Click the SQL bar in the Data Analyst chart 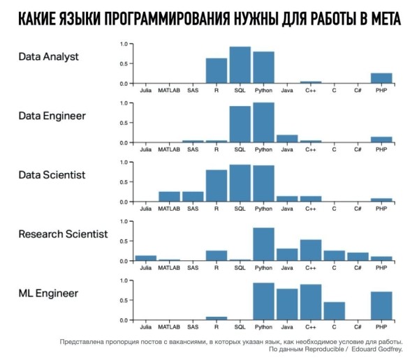240,65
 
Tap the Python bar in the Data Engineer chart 263,123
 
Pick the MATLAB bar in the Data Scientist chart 169,196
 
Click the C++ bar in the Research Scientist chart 310,250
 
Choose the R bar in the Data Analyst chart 216,70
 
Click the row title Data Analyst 49,57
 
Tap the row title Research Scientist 64,234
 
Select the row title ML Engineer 49,294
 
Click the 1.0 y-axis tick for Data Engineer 123,103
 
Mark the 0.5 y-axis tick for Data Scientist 123,182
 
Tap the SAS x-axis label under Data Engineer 193,149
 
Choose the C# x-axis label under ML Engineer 357,327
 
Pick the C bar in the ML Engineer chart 334,311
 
